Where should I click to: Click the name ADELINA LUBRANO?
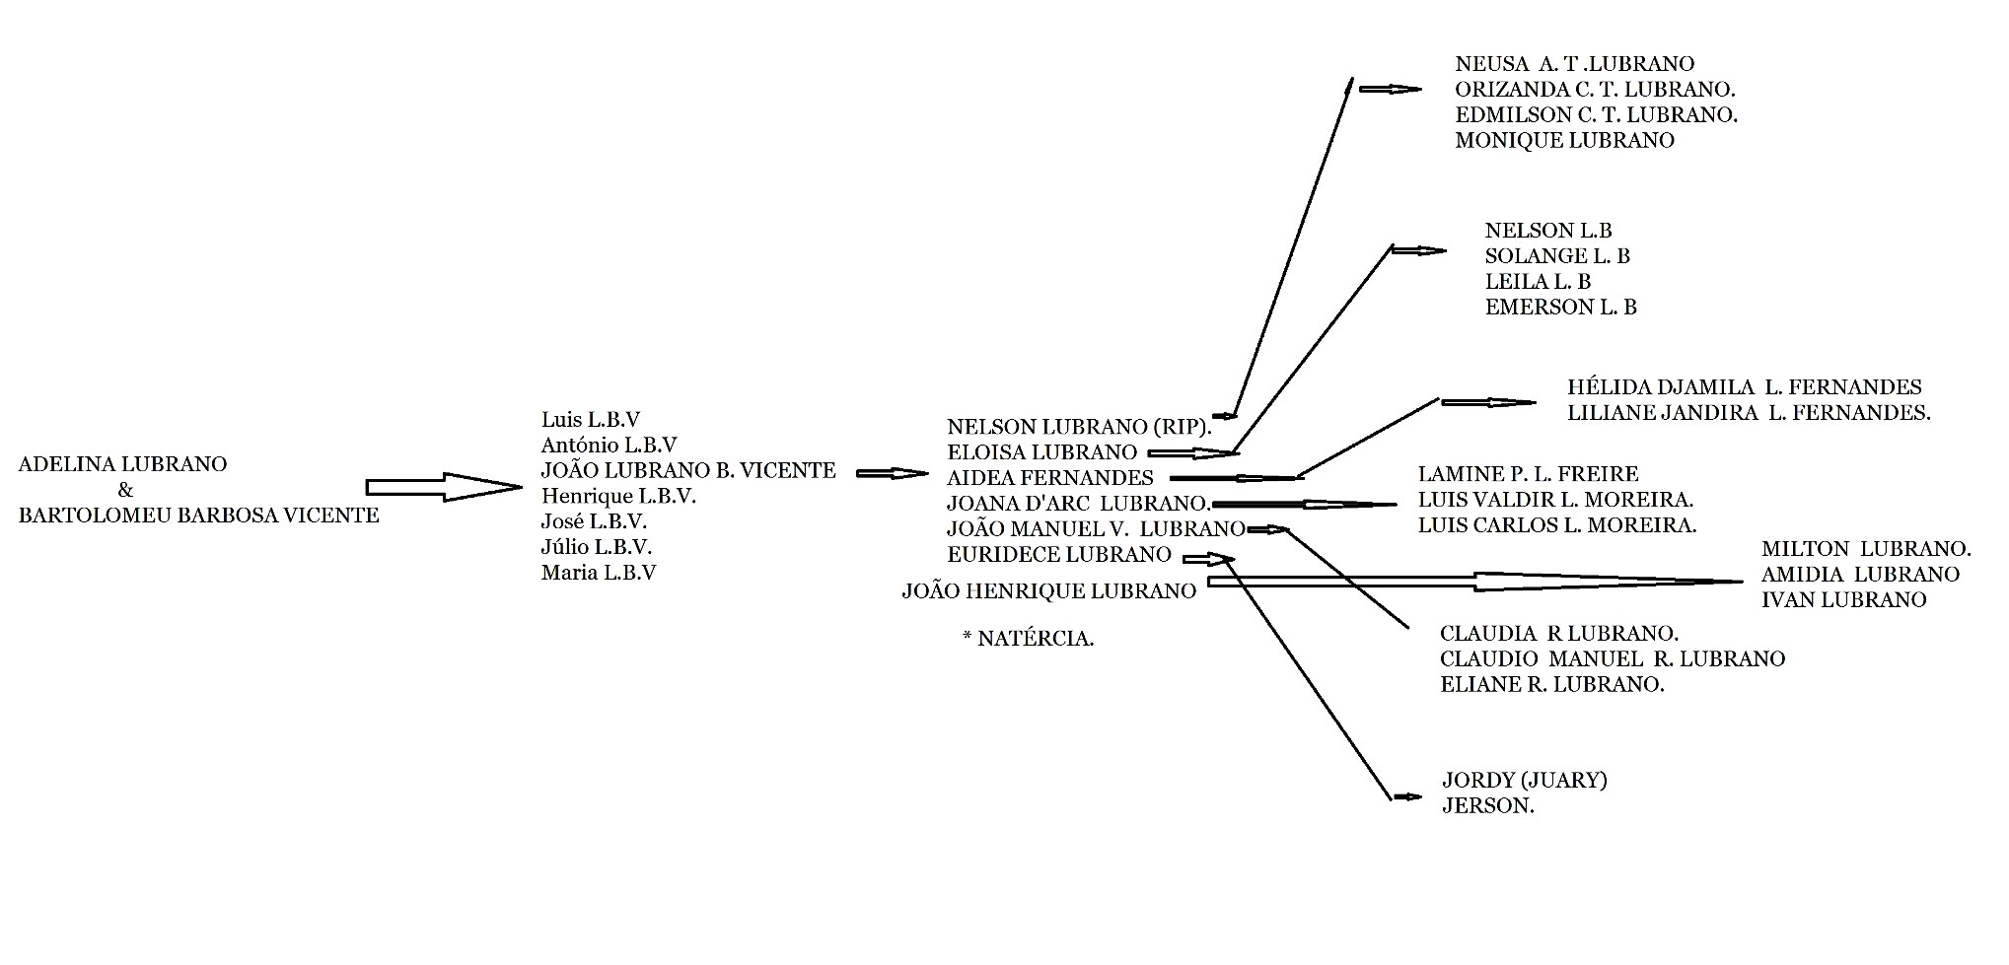click(122, 464)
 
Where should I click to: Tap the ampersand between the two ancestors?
click(125, 490)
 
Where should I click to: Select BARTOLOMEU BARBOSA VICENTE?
click(198, 516)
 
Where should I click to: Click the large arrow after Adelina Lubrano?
click(443, 487)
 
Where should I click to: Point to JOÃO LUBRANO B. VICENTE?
click(688, 470)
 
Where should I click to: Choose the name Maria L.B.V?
click(599, 573)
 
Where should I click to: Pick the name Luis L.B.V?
click(591, 419)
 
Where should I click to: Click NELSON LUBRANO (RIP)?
click(1078, 427)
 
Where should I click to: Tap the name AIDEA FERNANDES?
click(1049, 478)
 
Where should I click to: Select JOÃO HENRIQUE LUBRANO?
click(1048, 591)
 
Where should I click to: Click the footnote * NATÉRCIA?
click(1028, 639)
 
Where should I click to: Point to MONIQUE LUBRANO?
click(1564, 140)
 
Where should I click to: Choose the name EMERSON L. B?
click(1560, 308)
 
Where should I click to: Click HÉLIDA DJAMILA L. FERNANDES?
click(1744, 387)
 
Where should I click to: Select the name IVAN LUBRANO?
click(1843, 599)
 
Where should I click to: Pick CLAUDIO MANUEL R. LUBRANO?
click(1612, 658)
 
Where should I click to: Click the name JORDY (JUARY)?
click(1525, 781)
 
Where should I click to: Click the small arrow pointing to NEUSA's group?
click(1391, 89)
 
